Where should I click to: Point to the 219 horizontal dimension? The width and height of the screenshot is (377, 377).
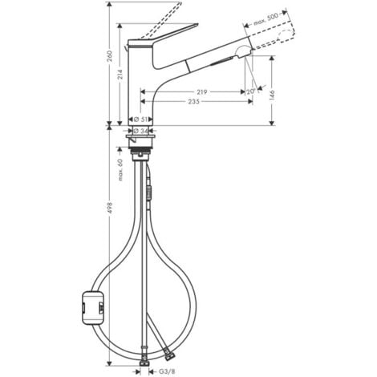click(202, 92)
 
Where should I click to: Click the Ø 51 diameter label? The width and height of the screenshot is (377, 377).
click(140, 119)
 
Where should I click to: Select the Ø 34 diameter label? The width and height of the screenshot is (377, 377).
click(140, 130)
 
